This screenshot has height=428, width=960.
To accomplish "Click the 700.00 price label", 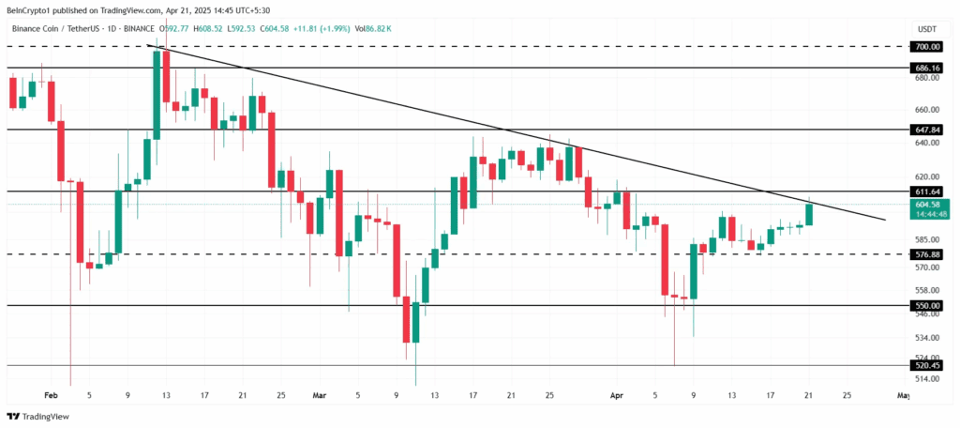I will click(x=928, y=46).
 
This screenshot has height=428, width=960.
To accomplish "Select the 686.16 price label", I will click(x=928, y=69).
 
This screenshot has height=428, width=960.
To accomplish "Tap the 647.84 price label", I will click(x=928, y=129).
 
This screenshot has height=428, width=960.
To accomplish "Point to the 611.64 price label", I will click(x=928, y=191).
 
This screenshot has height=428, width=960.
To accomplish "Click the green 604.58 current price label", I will click(x=928, y=205).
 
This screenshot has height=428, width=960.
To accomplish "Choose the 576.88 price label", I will click(x=928, y=254).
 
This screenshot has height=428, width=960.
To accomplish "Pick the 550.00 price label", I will click(x=928, y=306).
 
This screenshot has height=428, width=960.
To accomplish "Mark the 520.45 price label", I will click(x=928, y=366).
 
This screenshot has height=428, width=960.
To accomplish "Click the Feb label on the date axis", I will click(x=51, y=397).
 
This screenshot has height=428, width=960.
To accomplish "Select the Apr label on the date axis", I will click(x=616, y=397).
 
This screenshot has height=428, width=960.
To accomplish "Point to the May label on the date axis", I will click(x=903, y=397).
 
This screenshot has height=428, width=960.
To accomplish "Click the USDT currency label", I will click(x=926, y=29).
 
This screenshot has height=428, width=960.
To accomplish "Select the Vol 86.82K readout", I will click(x=372, y=29).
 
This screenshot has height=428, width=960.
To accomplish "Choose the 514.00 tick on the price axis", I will click(x=926, y=378).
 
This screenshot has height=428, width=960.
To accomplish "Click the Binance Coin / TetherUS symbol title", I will click(x=55, y=29).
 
